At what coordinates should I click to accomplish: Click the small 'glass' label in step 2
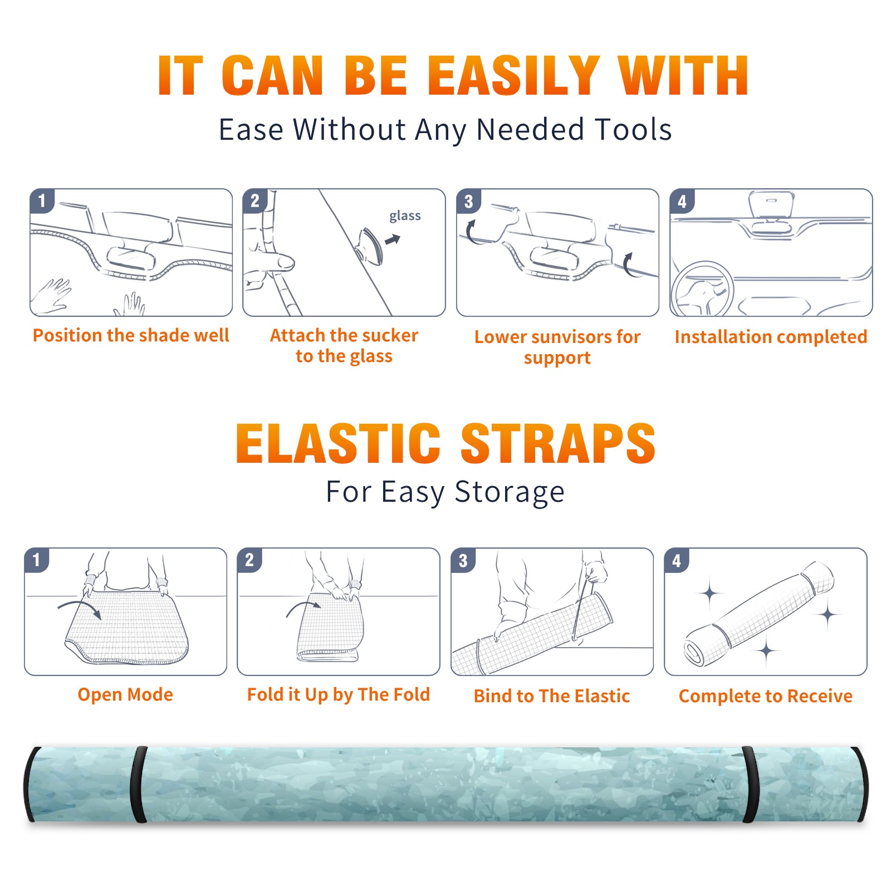tap(405, 216)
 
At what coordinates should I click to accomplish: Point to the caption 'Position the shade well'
tap(131, 335)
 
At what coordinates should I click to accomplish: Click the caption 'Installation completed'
tap(771, 337)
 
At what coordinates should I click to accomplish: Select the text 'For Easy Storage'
tap(445, 492)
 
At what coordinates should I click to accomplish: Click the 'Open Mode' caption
tap(125, 694)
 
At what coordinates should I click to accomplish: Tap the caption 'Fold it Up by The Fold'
tap(339, 694)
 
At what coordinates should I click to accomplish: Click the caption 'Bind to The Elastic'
tap(552, 696)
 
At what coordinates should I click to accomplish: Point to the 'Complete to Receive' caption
tap(766, 696)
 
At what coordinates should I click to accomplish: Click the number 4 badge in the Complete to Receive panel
tap(677, 560)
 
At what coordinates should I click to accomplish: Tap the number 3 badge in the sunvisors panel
tap(468, 201)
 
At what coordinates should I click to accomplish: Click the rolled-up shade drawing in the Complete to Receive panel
tap(759, 613)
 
